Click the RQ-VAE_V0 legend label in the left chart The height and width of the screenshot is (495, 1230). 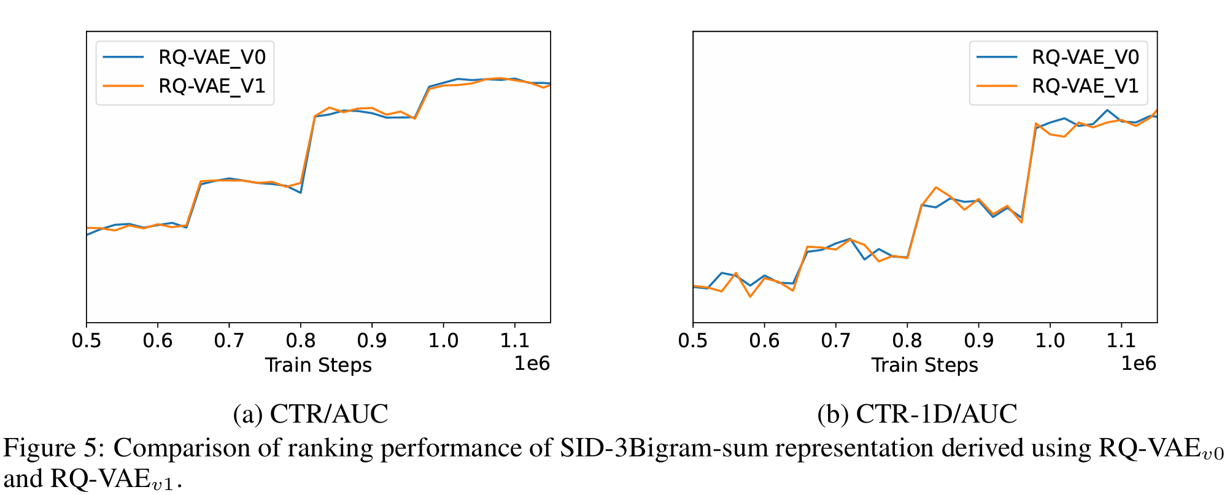pos(212,58)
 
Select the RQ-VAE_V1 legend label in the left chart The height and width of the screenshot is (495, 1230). pos(212,86)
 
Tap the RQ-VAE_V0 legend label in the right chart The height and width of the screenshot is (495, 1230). pos(1085,58)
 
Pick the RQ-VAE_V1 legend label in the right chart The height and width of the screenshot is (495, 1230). pos(1085,86)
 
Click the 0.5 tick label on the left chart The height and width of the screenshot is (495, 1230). pos(87,340)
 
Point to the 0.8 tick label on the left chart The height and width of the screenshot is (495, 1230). pos(300,340)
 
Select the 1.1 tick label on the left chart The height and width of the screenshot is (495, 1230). pos(514,340)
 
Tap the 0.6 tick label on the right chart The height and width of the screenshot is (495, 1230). pos(764,340)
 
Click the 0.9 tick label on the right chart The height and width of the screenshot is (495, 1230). pos(978,340)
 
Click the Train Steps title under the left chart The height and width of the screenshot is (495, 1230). pos(318,366)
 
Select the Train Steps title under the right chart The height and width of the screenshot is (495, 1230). pos(924,366)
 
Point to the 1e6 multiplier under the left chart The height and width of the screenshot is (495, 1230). pos(532,364)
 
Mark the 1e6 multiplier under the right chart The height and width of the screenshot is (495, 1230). pos(1139,364)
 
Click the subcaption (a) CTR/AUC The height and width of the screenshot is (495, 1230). pos(311,414)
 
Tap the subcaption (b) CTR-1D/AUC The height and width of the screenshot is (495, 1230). pos(917,414)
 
